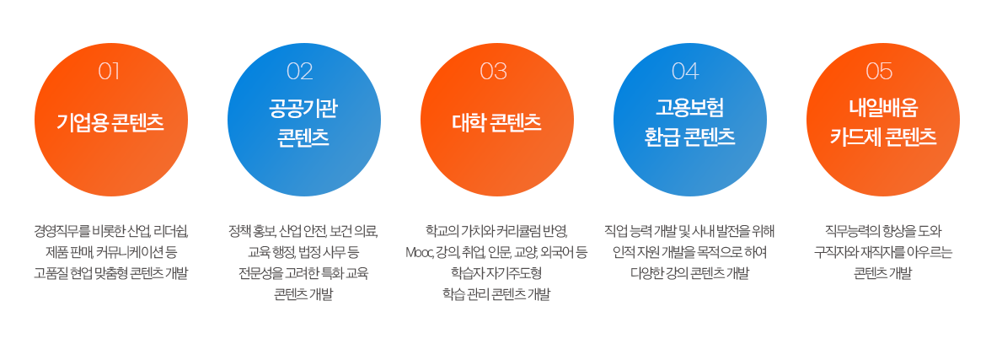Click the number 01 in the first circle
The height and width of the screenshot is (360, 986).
point(109,72)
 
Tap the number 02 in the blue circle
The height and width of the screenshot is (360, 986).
point(300,72)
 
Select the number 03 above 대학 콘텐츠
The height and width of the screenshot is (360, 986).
point(494,72)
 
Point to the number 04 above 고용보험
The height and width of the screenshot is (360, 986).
point(685,72)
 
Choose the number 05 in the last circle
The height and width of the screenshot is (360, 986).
point(879,72)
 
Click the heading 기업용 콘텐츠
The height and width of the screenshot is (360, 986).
point(110,122)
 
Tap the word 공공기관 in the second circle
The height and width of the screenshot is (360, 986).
point(303,109)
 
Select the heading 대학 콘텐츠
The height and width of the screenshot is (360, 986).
point(496,122)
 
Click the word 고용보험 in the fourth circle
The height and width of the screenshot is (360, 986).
point(690,109)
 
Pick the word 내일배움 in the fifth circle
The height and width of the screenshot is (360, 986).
point(883,109)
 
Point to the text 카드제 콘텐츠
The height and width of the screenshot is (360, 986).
point(883,137)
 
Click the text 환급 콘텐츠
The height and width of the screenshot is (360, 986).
point(690,137)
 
